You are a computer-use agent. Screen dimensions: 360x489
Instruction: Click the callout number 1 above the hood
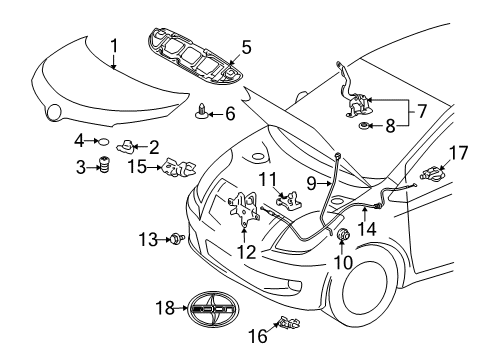click(x=114, y=44)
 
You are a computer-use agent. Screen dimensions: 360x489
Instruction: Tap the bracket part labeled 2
click(x=131, y=148)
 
